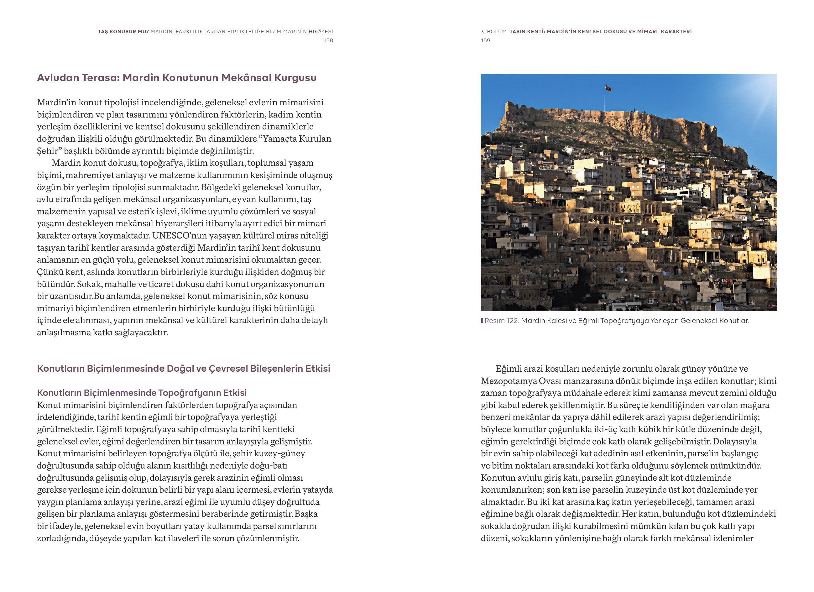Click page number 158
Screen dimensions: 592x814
[328, 40]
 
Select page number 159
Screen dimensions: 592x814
[486, 40]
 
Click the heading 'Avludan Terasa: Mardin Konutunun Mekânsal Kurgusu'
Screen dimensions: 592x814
[177, 78]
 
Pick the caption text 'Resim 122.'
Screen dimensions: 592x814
[501, 321]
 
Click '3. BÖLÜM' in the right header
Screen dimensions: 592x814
[493, 32]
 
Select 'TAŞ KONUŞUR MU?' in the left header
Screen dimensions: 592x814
[123, 32]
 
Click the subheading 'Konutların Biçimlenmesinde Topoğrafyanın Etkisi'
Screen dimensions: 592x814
[142, 393]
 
